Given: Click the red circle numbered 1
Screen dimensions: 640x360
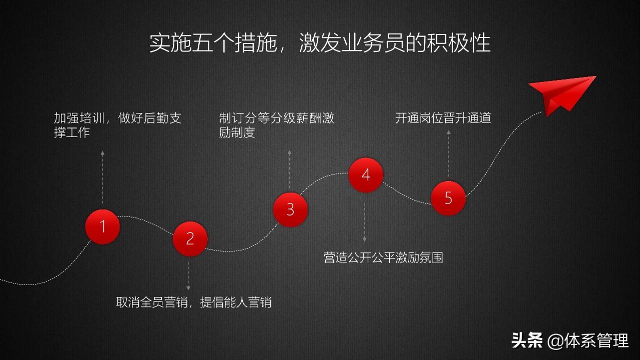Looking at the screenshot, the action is tap(102, 226).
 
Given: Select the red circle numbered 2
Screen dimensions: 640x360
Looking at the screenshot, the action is tap(190, 238).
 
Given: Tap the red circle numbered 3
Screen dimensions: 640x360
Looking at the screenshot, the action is tap(290, 209).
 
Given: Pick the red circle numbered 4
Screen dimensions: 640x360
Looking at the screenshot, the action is tap(366, 175).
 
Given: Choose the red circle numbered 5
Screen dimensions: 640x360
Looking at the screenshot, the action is tap(448, 198).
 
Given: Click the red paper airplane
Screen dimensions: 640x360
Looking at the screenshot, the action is tap(561, 94).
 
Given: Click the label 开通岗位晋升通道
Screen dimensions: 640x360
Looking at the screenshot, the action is tap(443, 118).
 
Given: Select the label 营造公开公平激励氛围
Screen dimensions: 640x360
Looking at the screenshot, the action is tap(383, 258).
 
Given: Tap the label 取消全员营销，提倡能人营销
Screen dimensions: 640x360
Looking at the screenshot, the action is tap(194, 302).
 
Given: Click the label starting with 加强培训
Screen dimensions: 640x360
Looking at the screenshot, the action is tap(117, 125).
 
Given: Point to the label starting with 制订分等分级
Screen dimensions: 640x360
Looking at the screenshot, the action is tap(276, 125).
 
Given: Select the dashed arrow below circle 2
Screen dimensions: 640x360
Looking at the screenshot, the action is tap(188, 275).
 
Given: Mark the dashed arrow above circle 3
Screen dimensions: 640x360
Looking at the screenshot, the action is tap(290, 170).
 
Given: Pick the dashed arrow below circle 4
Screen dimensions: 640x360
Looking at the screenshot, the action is tap(365, 222).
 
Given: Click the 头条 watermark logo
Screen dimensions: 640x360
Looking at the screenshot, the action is tap(527, 341).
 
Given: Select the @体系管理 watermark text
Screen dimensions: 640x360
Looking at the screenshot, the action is tap(588, 341).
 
